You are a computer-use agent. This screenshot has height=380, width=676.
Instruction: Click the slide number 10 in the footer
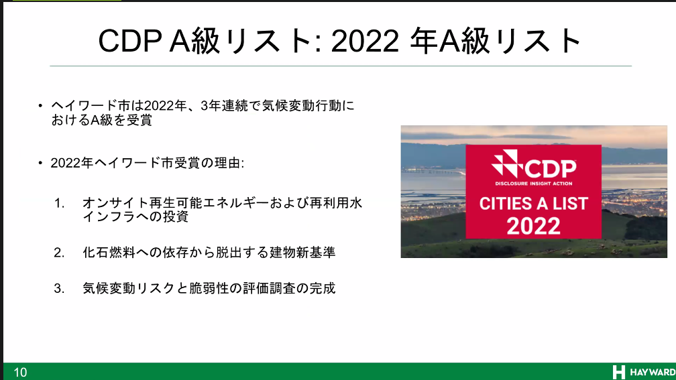click(x=20, y=372)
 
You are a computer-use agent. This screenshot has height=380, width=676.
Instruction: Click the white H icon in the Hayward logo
click(x=618, y=372)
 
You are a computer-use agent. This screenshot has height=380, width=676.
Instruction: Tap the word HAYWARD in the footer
click(x=653, y=372)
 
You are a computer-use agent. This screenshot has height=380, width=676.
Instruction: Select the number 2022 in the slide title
click(x=365, y=42)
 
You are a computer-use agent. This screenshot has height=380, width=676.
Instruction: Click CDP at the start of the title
click(x=130, y=42)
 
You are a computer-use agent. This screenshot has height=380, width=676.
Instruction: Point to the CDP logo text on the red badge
click(x=550, y=168)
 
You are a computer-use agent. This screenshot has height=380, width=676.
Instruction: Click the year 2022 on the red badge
click(x=534, y=225)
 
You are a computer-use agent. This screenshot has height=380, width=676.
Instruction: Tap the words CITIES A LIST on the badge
click(x=534, y=203)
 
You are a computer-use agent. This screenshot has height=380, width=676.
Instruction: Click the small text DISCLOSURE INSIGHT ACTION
click(x=534, y=184)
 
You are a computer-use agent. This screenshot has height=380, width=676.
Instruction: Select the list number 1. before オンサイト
click(x=59, y=202)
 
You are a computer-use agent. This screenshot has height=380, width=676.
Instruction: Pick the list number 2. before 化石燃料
click(x=59, y=252)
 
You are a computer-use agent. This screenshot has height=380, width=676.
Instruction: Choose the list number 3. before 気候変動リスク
click(x=59, y=288)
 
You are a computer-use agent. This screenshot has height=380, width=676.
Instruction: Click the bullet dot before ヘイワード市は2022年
click(x=40, y=106)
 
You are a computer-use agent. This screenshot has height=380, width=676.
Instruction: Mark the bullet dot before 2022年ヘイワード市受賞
click(x=40, y=163)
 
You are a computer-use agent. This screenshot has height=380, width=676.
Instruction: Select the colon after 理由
click(x=243, y=164)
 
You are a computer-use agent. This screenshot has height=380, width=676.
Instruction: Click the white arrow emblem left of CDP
click(x=508, y=164)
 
